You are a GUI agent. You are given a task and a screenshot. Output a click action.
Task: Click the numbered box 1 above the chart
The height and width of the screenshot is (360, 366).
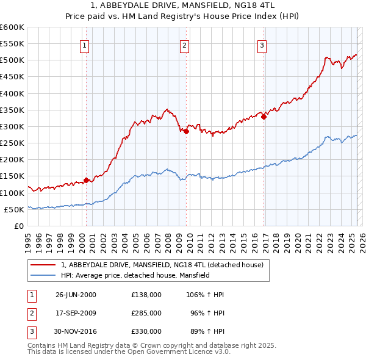[x=84, y=45]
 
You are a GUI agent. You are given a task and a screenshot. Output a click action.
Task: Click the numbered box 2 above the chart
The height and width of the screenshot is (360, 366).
[x=184, y=45]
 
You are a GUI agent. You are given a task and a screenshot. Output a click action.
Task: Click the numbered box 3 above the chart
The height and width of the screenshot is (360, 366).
[x=262, y=45]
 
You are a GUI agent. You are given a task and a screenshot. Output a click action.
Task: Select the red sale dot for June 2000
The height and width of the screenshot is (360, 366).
[x=86, y=180]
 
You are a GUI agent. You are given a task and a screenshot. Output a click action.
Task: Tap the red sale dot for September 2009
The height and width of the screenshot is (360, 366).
[x=186, y=131]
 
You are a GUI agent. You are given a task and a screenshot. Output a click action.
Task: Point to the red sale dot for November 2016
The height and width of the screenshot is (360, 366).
[x=264, y=117]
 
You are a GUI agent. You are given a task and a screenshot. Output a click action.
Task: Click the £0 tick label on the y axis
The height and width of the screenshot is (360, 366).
[x=18, y=226]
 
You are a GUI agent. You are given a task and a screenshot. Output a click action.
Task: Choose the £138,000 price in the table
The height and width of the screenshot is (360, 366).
[x=146, y=294]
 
